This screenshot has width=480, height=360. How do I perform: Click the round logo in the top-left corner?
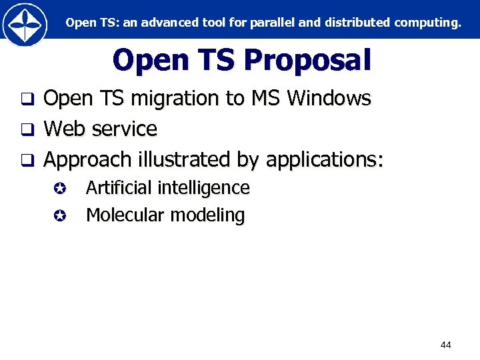click(x=25, y=25)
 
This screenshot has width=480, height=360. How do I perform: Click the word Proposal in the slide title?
click(x=307, y=61)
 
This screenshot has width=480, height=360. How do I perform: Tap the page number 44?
click(x=446, y=345)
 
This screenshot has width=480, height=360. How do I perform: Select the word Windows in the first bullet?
click(x=329, y=99)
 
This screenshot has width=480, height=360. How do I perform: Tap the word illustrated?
click(x=184, y=159)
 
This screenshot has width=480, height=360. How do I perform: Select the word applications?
click(x=323, y=160)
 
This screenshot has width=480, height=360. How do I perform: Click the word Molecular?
click(x=125, y=215)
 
